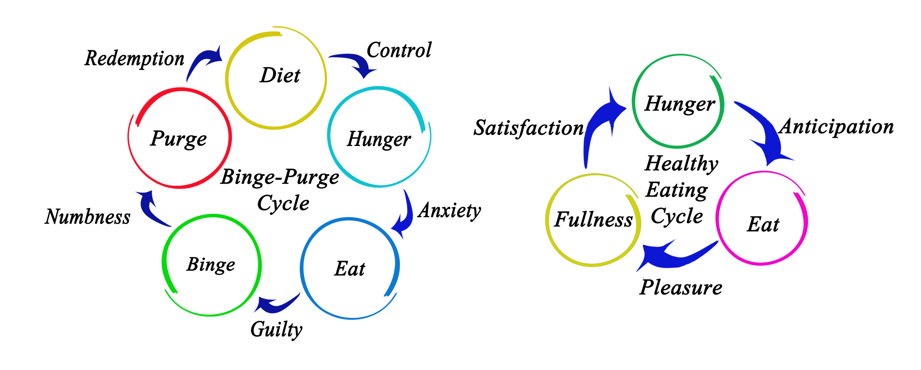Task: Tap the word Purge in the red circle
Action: (178, 139)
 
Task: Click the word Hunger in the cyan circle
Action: (379, 139)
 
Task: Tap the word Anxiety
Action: (450, 210)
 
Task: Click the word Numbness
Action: (88, 217)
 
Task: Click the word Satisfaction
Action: (528, 128)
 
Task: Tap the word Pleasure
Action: (681, 287)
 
